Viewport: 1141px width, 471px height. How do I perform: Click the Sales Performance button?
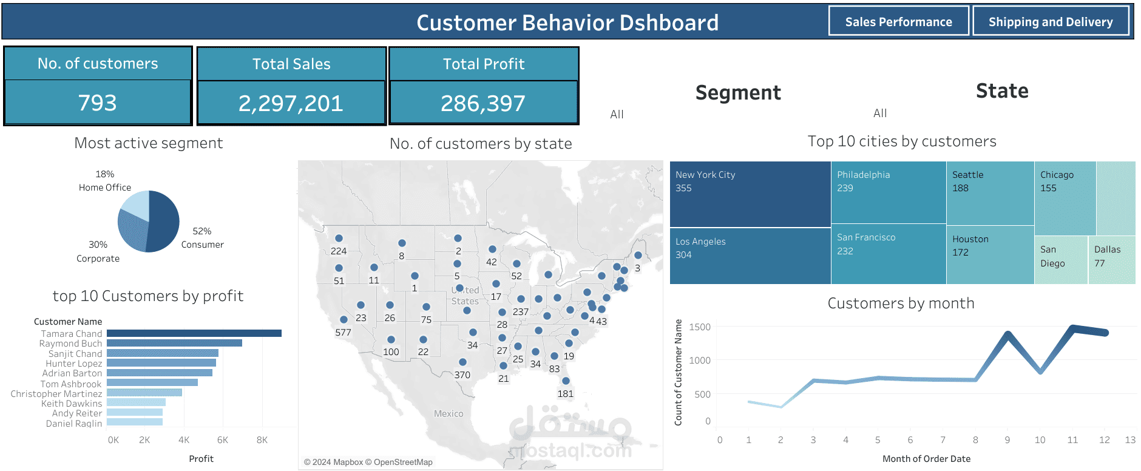pyautogui.click(x=898, y=22)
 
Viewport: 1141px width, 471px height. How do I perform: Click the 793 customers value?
pyautogui.click(x=97, y=103)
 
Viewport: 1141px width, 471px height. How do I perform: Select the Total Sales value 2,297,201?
pyautogui.click(x=291, y=103)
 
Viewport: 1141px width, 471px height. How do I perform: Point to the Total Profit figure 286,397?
pyautogui.click(x=483, y=103)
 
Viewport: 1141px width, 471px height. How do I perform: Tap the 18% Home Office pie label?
pyautogui.click(x=104, y=180)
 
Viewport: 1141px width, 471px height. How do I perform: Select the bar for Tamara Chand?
pyautogui.click(x=194, y=333)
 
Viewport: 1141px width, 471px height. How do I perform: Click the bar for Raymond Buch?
pyautogui.click(x=174, y=343)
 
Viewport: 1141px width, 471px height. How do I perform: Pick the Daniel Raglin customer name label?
pyautogui.click(x=73, y=423)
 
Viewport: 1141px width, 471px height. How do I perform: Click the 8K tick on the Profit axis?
pyautogui.click(x=262, y=440)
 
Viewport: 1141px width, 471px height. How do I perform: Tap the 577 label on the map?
pyautogui.click(x=343, y=333)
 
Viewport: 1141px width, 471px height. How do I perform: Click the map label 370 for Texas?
pyautogui.click(x=462, y=375)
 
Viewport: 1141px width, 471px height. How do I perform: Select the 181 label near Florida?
pyautogui.click(x=565, y=394)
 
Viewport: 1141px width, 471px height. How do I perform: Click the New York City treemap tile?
pyautogui.click(x=750, y=194)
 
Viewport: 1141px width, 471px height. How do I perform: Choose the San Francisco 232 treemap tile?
pyautogui.click(x=888, y=254)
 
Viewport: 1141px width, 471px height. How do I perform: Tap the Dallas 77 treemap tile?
pyautogui.click(x=1111, y=260)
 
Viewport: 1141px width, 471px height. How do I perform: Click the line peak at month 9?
pyautogui.click(x=1007, y=334)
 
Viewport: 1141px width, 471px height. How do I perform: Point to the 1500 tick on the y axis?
pyautogui.click(x=699, y=327)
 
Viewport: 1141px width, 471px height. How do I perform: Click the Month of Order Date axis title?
pyautogui.click(x=926, y=459)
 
